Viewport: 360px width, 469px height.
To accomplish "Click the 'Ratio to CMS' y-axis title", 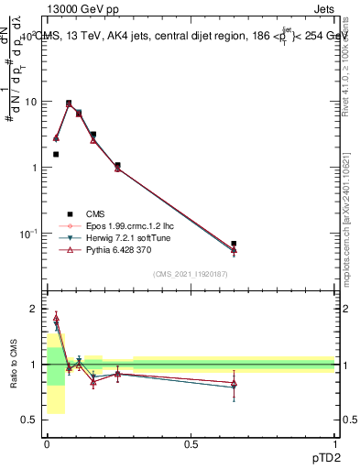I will pyautogui.click(x=14, y=365).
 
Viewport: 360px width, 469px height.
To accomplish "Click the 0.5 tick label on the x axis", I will pyautogui.click(x=191, y=444).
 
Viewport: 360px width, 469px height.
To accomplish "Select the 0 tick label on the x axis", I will pyautogui.click(x=47, y=444).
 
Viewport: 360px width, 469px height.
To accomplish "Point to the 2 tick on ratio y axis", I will pyautogui.click(x=34, y=310).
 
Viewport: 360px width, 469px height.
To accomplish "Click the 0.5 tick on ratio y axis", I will pyautogui.click(x=30, y=420).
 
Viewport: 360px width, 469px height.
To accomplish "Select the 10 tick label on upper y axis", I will pyautogui.click(x=30, y=102).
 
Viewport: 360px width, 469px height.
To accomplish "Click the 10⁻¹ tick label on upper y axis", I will pyautogui.click(x=27, y=234).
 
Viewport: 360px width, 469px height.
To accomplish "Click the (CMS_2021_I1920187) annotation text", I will pyautogui.click(x=190, y=274).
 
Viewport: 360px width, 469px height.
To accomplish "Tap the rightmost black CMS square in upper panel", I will pyautogui.click(x=235, y=244).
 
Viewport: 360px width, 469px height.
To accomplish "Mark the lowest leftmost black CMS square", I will pyautogui.click(x=56, y=154).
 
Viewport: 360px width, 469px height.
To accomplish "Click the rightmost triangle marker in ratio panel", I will pyautogui.click(x=235, y=382).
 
